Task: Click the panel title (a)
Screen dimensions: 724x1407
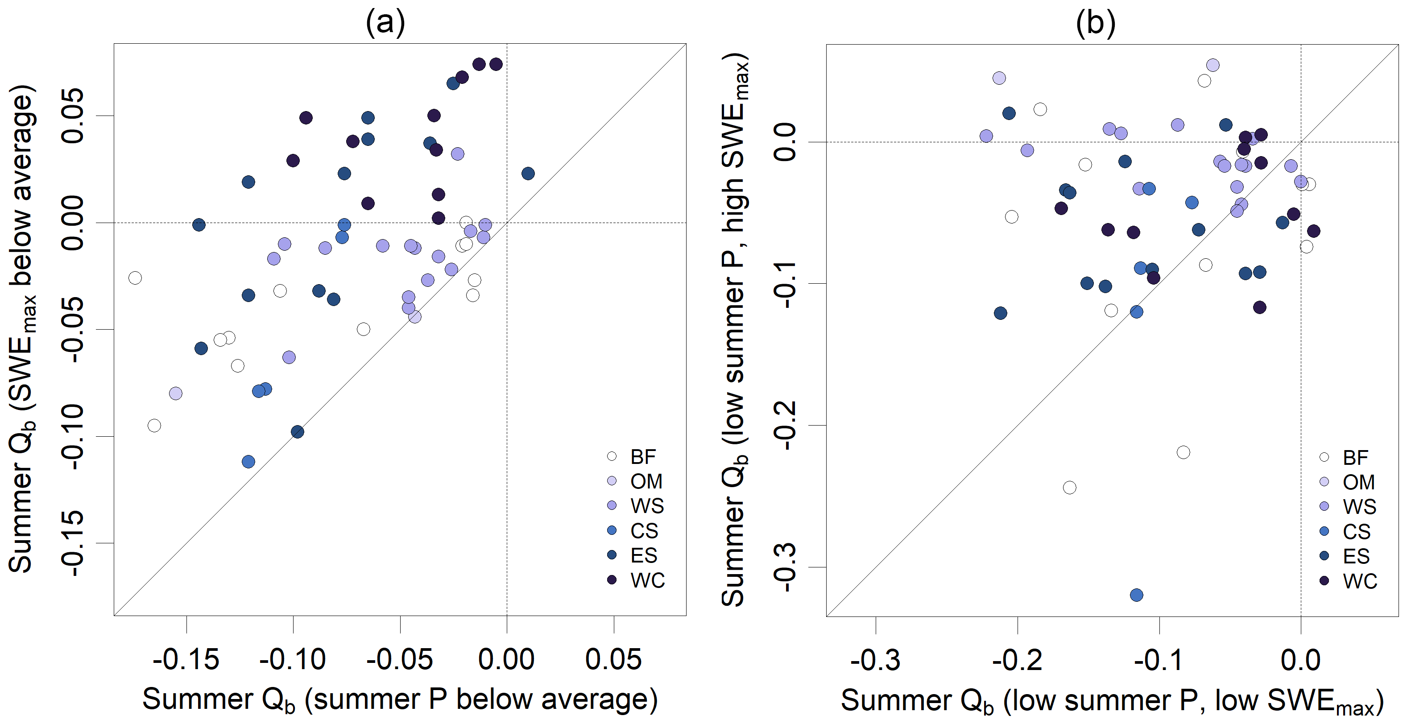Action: (385, 23)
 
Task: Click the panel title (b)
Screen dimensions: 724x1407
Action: (1095, 23)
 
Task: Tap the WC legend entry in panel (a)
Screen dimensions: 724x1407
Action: (636, 580)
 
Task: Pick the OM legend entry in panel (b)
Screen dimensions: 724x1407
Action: (1349, 482)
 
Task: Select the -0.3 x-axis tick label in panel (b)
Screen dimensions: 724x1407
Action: (876, 660)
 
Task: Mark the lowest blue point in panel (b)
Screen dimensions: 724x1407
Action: (1137, 595)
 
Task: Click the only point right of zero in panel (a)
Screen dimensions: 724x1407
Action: (528, 174)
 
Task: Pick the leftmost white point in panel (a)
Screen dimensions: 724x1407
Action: (135, 278)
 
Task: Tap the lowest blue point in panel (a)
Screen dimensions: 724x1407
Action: (248, 461)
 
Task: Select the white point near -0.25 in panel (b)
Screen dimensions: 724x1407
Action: (1069, 487)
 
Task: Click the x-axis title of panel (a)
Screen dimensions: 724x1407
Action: (400, 699)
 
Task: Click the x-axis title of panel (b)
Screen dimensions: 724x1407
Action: (1112, 700)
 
